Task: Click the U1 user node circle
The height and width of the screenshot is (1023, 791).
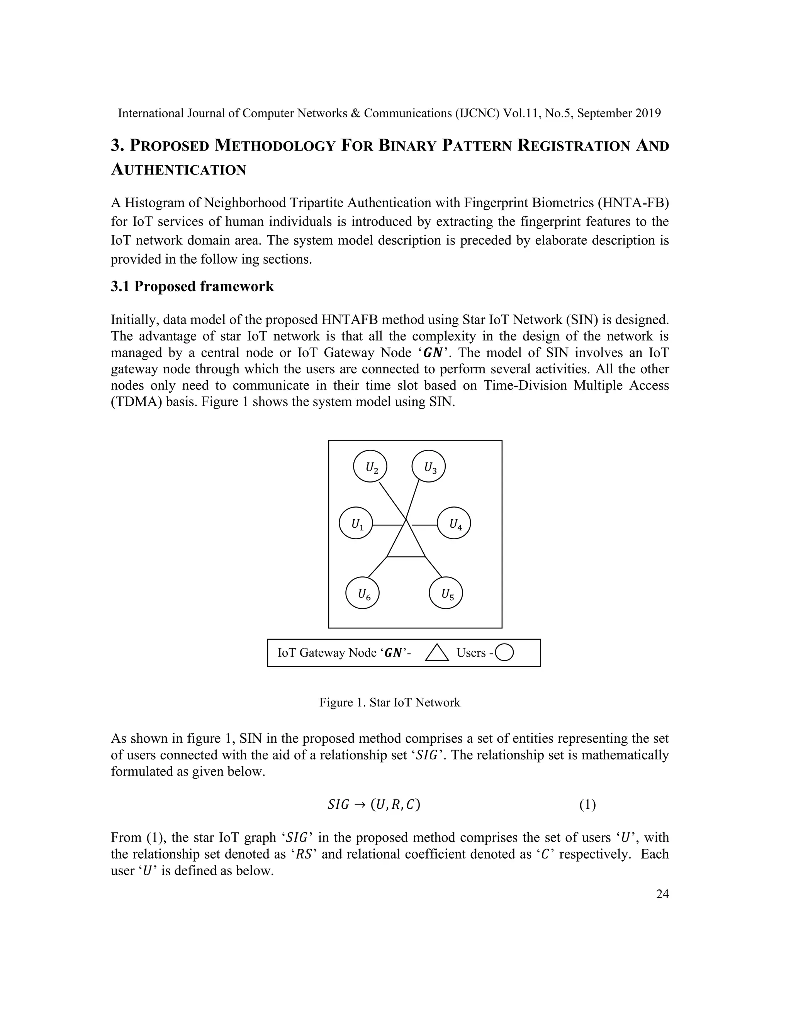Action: [x=356, y=523]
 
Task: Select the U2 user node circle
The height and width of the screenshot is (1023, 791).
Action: [x=370, y=466]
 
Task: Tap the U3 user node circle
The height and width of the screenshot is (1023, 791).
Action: [x=429, y=466]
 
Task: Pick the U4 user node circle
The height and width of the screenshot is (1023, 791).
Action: [x=453, y=523]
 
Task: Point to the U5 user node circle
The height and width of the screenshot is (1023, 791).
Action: [x=446, y=593]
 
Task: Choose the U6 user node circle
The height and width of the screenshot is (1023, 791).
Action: [x=363, y=593]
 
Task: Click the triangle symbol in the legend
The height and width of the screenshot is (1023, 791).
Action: [x=437, y=653]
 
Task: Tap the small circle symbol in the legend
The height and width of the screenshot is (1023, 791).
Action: [x=504, y=652]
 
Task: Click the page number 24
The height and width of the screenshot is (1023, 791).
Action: [x=662, y=894]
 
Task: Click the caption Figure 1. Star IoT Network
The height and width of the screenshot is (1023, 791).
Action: [x=390, y=703]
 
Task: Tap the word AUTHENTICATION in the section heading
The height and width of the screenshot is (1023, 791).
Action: [x=178, y=170]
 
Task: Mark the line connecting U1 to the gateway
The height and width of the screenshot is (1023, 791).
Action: [x=388, y=525]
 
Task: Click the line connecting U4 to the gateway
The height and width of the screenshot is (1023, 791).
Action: [x=424, y=525]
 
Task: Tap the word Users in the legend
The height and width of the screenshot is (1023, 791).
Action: [x=471, y=653]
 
